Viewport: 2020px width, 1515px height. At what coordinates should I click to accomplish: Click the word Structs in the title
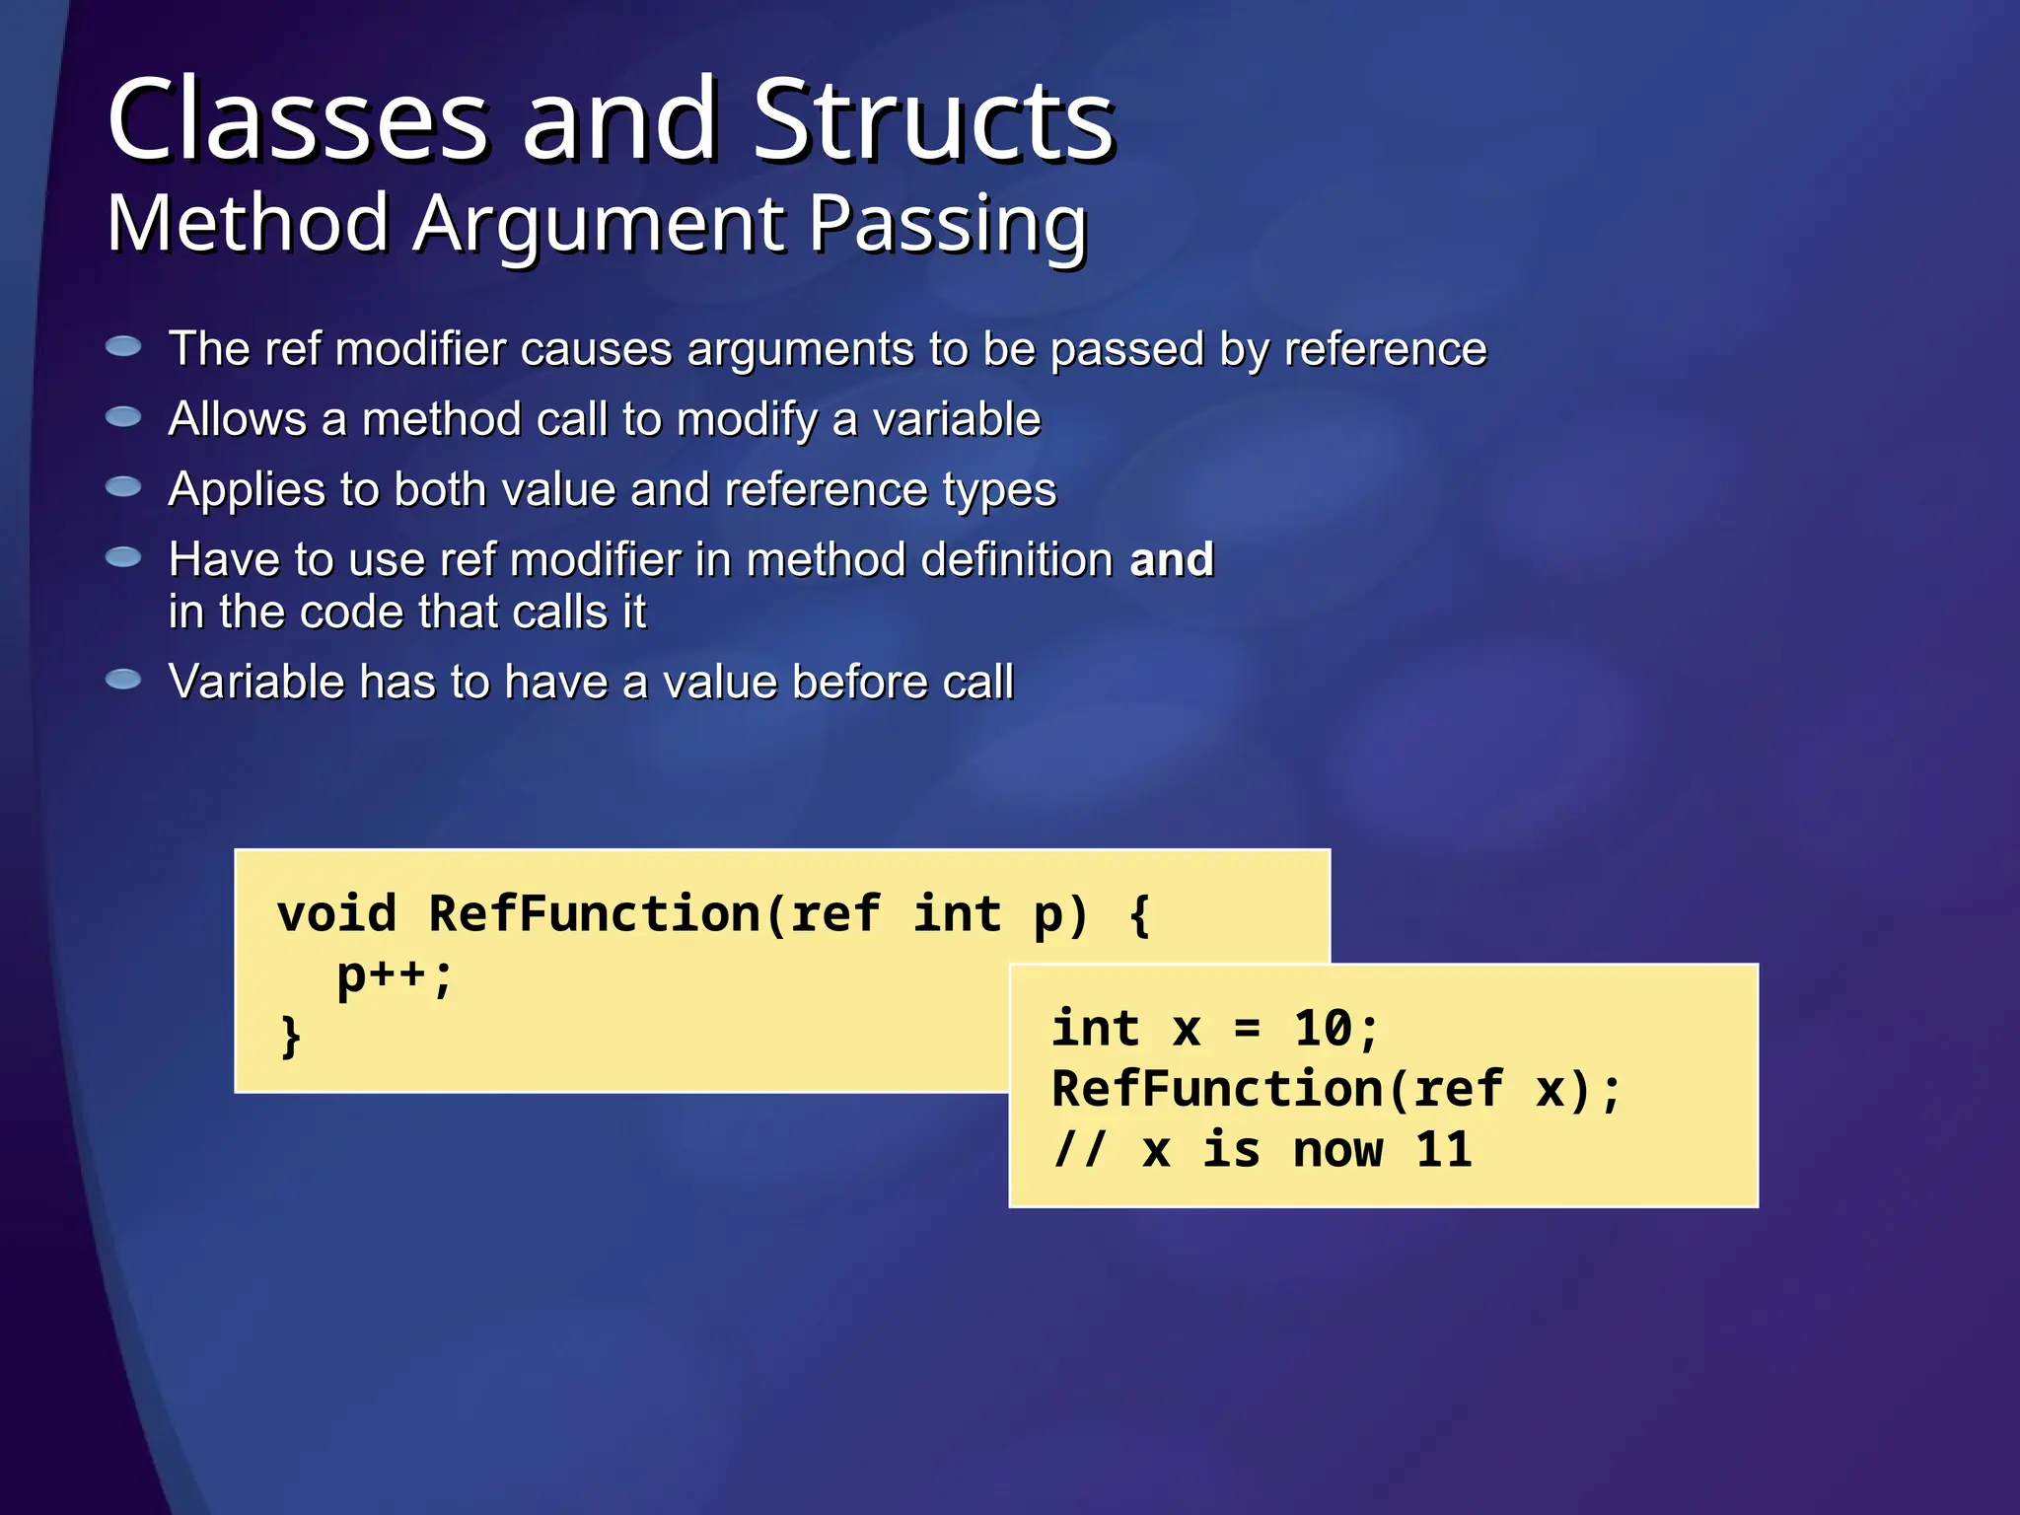pos(932,120)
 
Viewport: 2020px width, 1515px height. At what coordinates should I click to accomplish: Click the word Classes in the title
pos(297,120)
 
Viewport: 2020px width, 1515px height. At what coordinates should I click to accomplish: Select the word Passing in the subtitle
pos(948,225)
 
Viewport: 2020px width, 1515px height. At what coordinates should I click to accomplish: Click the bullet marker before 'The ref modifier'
pos(123,346)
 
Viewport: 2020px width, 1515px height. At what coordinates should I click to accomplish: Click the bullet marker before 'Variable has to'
pos(123,680)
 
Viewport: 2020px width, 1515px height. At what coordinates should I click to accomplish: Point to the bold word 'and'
pos(1171,559)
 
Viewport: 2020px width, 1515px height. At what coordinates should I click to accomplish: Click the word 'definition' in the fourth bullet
pos(1017,559)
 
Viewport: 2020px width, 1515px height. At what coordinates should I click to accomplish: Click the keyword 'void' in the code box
pos(336,913)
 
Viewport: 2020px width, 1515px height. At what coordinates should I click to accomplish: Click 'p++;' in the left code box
pos(395,976)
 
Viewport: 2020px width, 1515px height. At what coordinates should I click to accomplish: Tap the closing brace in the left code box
pos(290,1037)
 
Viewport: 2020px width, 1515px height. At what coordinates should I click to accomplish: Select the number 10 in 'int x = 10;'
pos(1323,1029)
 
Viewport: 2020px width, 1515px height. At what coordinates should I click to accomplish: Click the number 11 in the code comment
pos(1443,1150)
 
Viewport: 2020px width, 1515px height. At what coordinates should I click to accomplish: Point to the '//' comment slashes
pos(1080,1150)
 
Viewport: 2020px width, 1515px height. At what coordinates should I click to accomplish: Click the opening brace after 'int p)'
pos(1140,914)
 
